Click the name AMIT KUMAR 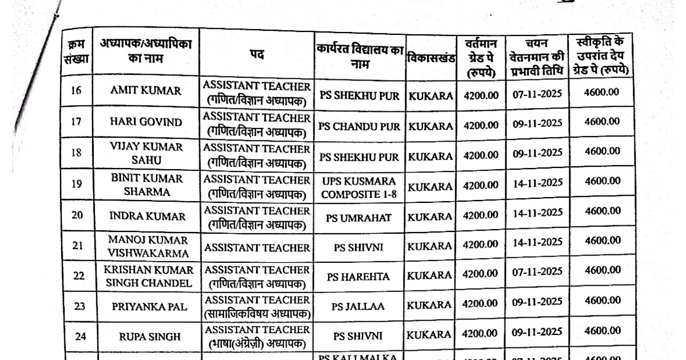point(145,91)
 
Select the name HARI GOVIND point(145,122)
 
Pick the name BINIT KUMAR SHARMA point(147,185)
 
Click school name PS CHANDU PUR point(359,126)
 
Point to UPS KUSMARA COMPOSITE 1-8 point(358,187)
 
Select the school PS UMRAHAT point(358,218)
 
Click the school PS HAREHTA point(358,277)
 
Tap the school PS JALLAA point(358,307)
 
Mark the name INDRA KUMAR point(147,217)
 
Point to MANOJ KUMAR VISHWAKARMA point(147,246)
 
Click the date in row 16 point(537,94)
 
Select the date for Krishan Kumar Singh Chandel point(537,272)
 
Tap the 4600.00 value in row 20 point(602,211)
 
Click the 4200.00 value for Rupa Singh point(481,333)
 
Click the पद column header point(256,54)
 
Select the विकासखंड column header point(430,58)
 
